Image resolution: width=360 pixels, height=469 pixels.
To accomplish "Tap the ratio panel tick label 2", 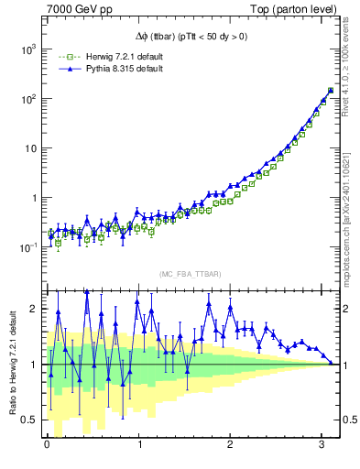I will point(34,309).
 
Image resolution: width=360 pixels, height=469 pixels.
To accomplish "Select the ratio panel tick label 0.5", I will point(29,420).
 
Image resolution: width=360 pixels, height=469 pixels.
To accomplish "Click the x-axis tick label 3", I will point(319,444).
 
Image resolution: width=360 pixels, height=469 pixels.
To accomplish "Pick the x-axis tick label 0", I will point(47,444).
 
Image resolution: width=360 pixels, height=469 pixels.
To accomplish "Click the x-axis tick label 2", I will point(228,444).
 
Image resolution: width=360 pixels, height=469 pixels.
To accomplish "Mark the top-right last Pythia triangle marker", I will point(330,90).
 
